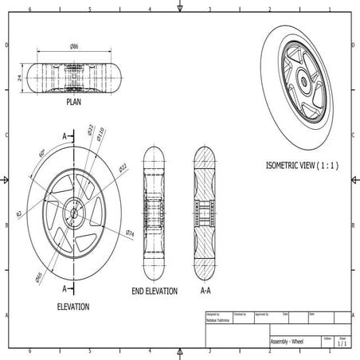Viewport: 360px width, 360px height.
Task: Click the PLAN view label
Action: pyautogui.click(x=76, y=103)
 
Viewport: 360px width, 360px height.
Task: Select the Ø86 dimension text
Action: pyautogui.click(x=74, y=48)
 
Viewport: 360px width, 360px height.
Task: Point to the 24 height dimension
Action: pyautogui.click(x=18, y=77)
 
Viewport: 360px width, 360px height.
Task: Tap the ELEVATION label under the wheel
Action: pyautogui.click(x=73, y=307)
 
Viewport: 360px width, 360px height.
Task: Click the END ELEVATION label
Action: pyautogui.click(x=155, y=292)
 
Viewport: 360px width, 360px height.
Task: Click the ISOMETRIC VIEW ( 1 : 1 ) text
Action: pyautogui.click(x=302, y=166)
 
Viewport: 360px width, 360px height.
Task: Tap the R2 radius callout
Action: pyautogui.click(x=18, y=213)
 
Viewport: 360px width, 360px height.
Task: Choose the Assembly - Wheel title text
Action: pyautogui.click(x=288, y=342)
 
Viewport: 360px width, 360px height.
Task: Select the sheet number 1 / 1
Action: pyautogui.click(x=342, y=343)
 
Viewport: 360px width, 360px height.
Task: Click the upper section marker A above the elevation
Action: pyautogui.click(x=65, y=137)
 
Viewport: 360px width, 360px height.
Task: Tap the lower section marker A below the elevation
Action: pyautogui.click(x=65, y=288)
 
